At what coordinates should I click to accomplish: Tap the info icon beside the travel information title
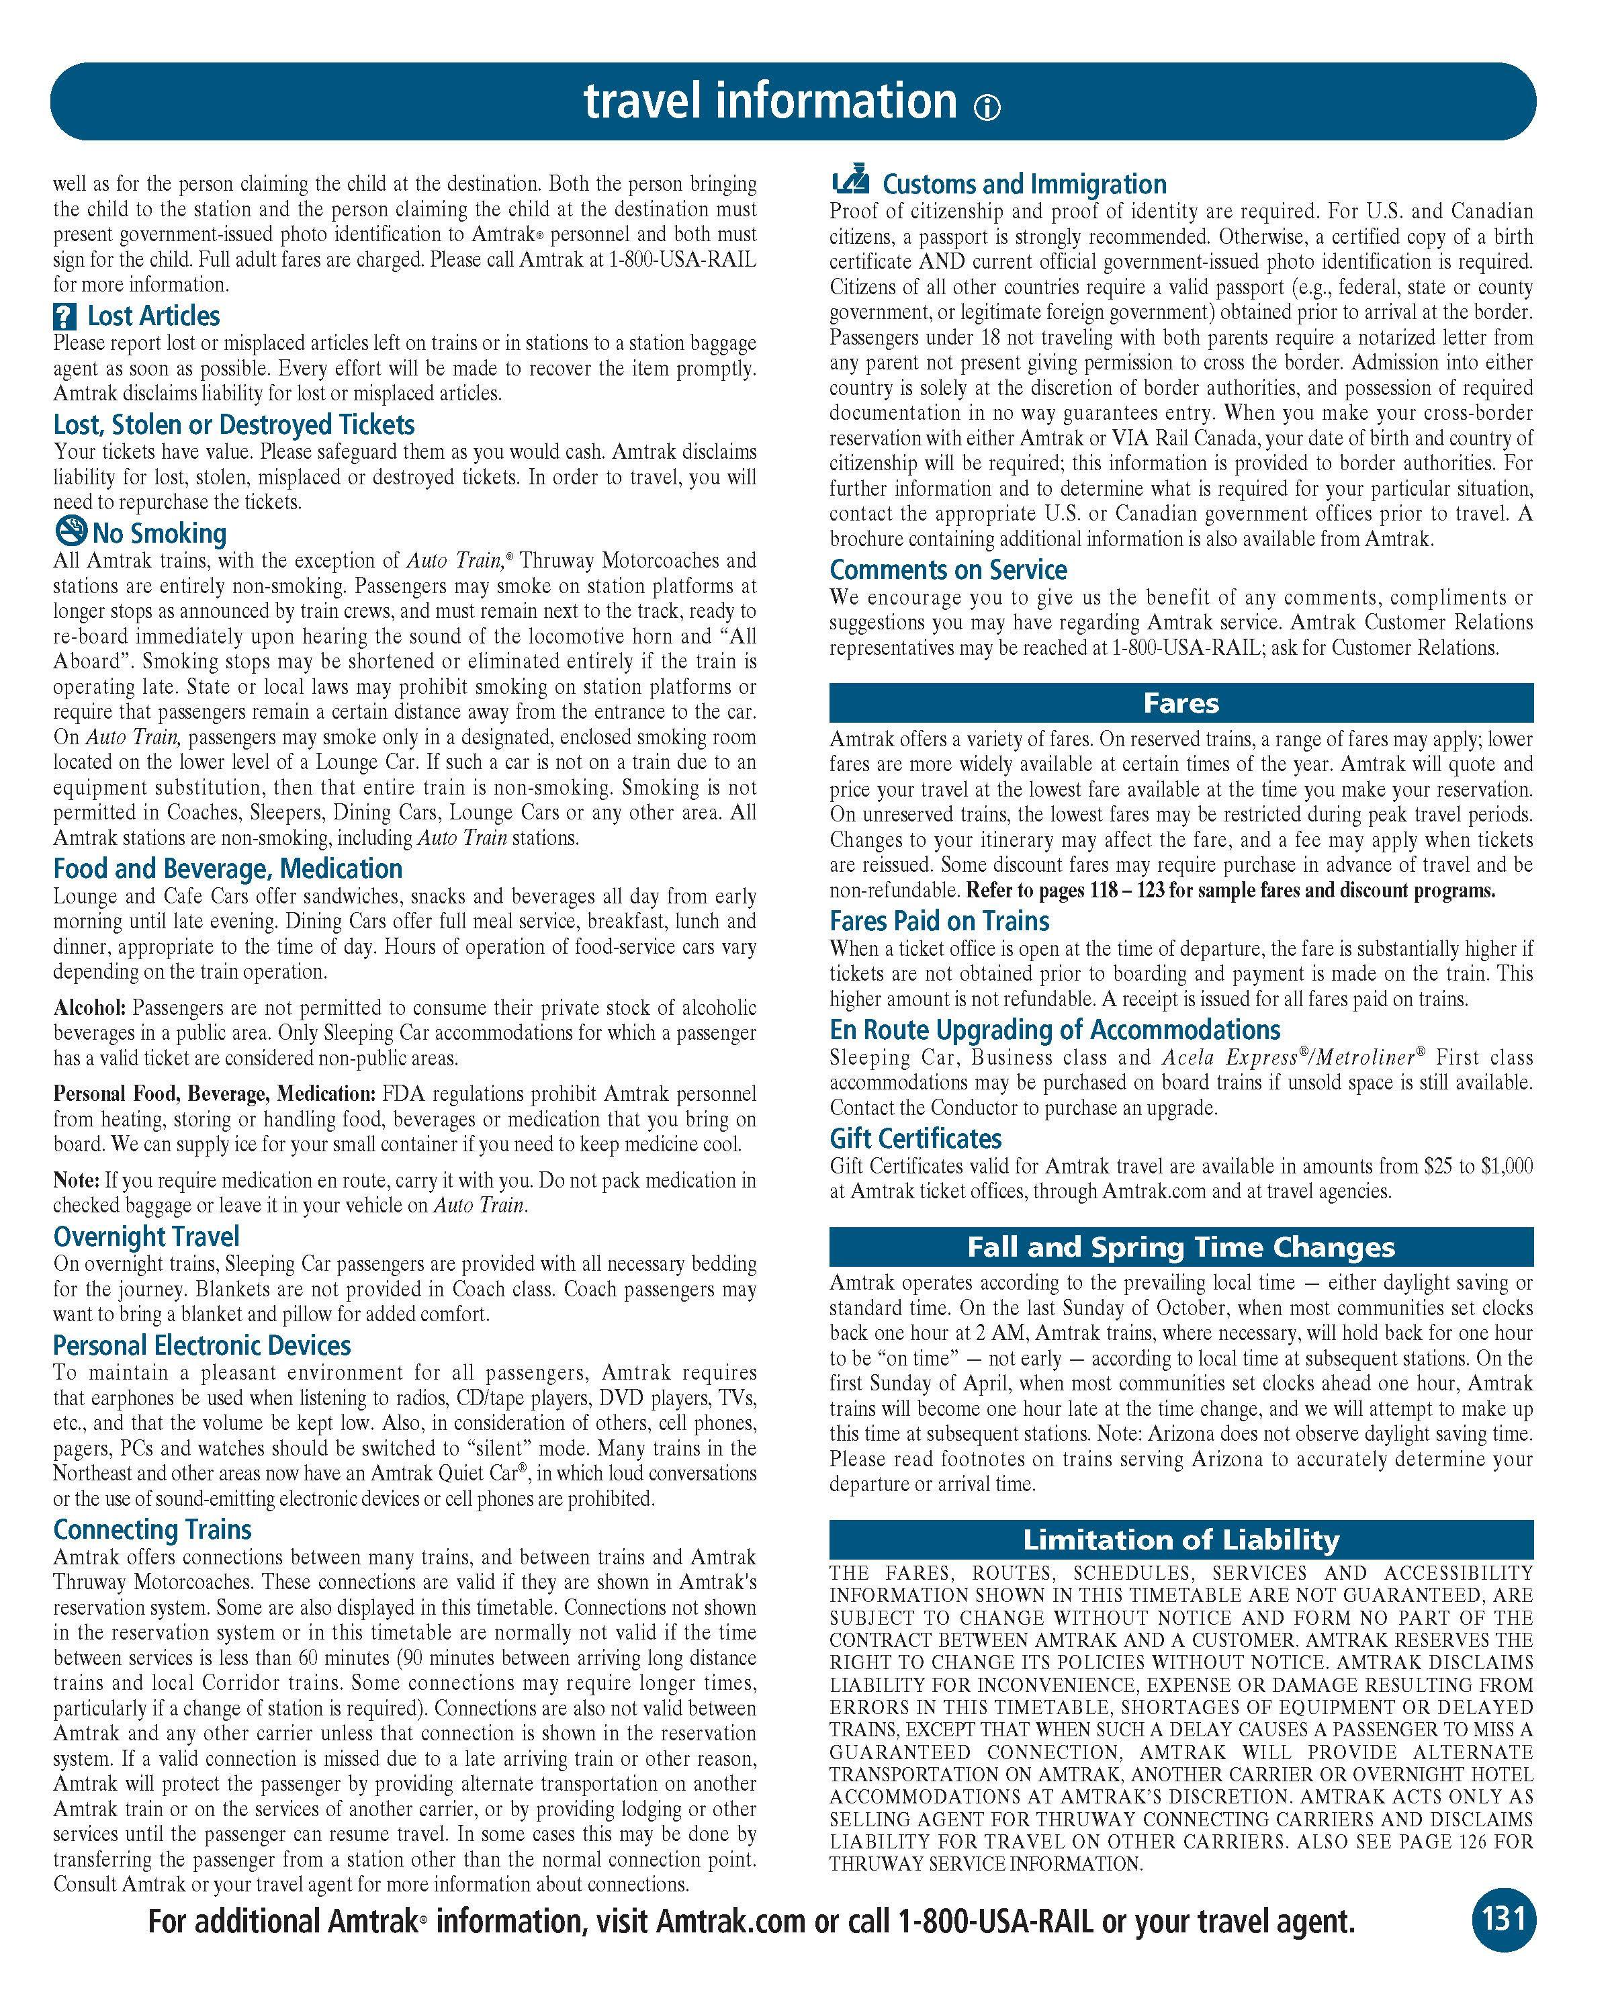pos(987,108)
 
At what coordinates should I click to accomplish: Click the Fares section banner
pos(1181,702)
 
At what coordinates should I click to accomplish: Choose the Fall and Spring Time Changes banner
pos(1181,1247)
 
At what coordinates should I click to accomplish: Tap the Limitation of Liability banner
pos(1181,1539)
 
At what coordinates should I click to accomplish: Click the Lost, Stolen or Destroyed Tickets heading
pos(234,424)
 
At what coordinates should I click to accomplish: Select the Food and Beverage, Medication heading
pos(227,868)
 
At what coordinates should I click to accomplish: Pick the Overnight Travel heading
pos(146,1237)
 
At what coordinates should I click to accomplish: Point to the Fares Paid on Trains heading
pos(939,921)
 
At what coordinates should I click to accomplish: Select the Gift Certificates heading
pos(915,1138)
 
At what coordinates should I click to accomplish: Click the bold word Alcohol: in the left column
pos(90,1008)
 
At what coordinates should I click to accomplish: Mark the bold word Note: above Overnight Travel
pos(76,1180)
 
